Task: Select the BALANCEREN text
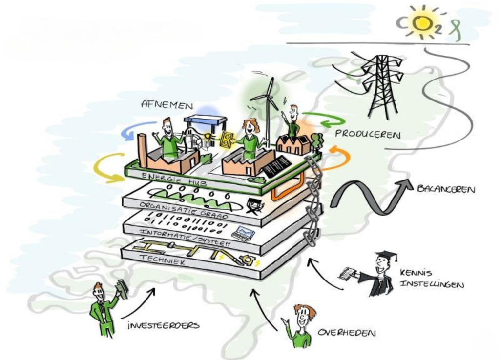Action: pos(446,189)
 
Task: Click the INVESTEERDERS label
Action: pos(163,325)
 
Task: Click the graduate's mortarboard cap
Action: pos(386,256)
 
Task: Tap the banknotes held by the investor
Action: pos(122,289)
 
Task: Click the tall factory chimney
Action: pos(143,149)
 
